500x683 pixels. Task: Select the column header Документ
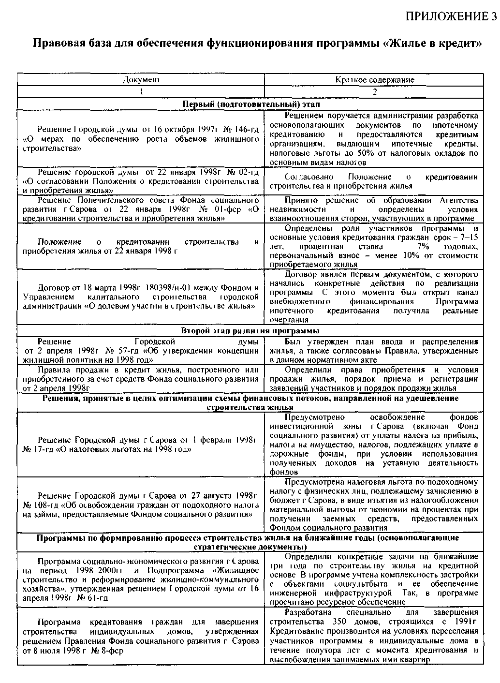pos(141,79)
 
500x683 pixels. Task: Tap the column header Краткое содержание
pos(375,80)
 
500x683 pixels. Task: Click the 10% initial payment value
pos(411,255)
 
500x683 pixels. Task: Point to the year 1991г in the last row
pos(466,622)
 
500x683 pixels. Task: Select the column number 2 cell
pos(375,92)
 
